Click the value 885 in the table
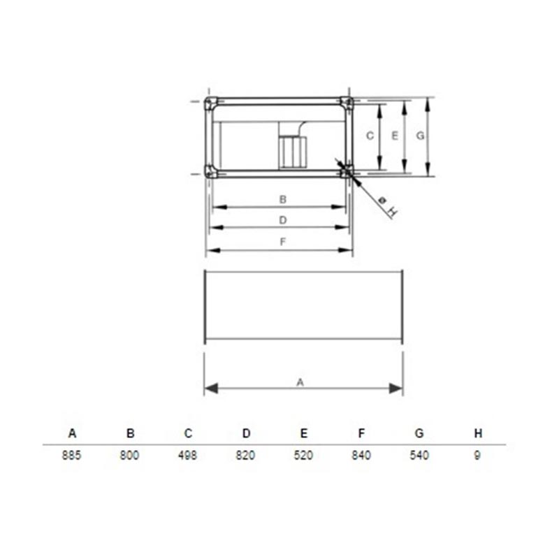tap(72, 456)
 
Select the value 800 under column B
tap(129, 456)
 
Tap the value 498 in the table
tap(187, 456)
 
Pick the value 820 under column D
tap(245, 456)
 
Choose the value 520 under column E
tap(303, 456)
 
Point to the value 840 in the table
tap(361, 456)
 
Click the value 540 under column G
tap(419, 456)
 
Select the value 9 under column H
tap(477, 456)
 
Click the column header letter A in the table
tap(72, 433)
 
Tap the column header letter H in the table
tap(478, 433)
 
